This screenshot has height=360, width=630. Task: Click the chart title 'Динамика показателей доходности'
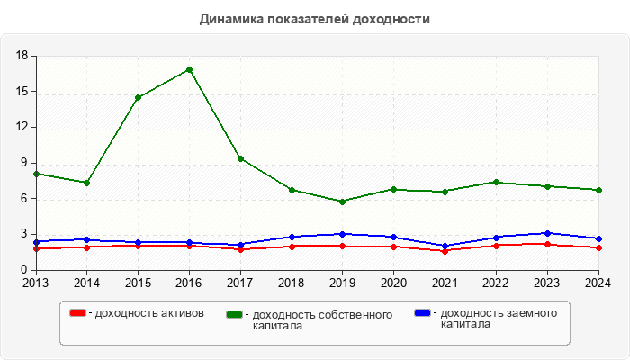(x=314, y=18)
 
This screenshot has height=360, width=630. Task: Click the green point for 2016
(x=189, y=69)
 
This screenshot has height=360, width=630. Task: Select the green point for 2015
(x=138, y=97)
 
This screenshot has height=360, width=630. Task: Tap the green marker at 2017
(x=240, y=158)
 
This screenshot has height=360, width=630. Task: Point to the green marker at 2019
(x=342, y=202)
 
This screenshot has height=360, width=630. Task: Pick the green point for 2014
(x=86, y=183)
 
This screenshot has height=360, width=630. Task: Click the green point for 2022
(x=496, y=182)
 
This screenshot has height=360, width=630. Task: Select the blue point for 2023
(x=547, y=233)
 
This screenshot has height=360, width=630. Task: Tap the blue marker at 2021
(x=445, y=246)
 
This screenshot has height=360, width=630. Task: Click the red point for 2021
(x=445, y=251)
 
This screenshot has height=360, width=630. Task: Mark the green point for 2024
(x=598, y=190)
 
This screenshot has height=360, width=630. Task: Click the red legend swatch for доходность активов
(x=77, y=312)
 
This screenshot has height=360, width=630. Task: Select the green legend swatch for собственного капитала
(x=235, y=314)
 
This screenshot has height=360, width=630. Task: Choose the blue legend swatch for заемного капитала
(x=422, y=312)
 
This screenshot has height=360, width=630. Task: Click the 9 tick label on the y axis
(x=26, y=164)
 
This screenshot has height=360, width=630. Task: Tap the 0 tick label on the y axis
(x=26, y=270)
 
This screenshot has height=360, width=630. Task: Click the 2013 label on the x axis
(x=36, y=283)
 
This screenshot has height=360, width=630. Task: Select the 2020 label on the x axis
(x=393, y=283)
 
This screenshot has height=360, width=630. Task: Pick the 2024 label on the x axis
(x=598, y=283)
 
